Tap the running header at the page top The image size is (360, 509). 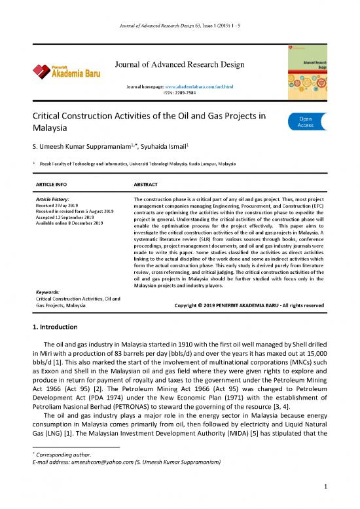pos(180,9)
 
